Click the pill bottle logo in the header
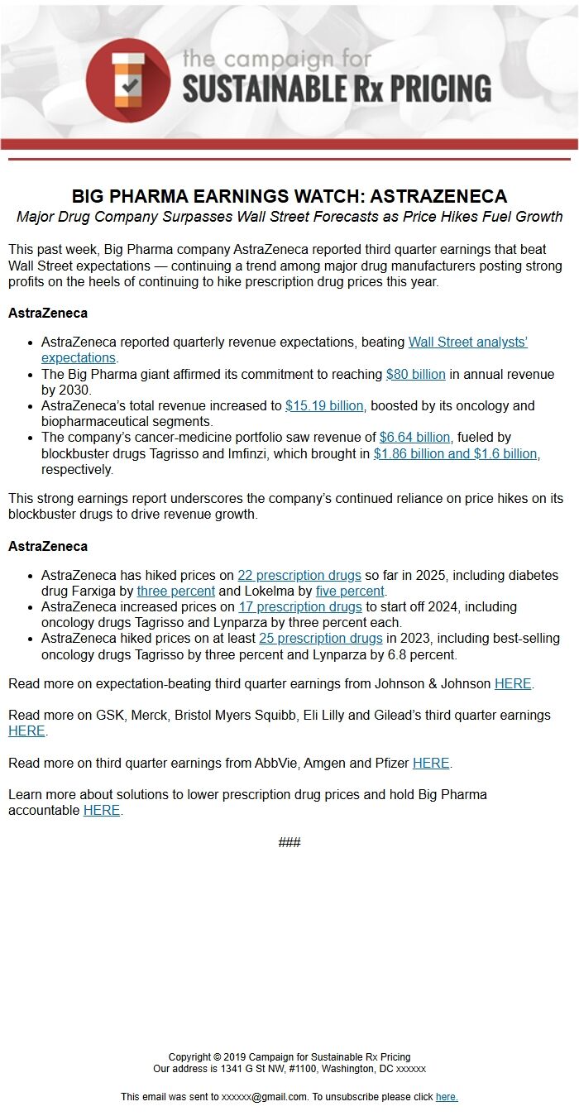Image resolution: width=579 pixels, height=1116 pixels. tap(127, 80)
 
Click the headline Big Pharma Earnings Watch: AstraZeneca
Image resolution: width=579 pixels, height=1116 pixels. tap(289, 196)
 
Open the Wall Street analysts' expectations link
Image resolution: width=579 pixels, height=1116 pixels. tap(467, 342)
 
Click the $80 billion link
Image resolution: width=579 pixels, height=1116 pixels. tap(415, 374)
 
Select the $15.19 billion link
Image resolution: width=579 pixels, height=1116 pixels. tap(324, 405)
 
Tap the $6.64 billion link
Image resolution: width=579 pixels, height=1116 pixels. tap(414, 437)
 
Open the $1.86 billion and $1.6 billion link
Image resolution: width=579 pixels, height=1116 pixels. tap(457, 453)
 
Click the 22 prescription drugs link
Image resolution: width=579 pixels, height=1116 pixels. tap(299, 575)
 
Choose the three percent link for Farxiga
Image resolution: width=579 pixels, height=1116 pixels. tap(175, 591)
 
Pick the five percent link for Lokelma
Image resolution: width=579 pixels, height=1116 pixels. tap(350, 591)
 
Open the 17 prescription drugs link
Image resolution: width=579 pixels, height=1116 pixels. tap(299, 606)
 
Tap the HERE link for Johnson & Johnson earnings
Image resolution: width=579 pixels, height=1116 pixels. tap(513, 683)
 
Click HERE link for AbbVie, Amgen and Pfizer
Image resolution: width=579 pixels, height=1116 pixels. tap(431, 763)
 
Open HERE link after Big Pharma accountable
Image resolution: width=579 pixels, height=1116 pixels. tap(102, 810)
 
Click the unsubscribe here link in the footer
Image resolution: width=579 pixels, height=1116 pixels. tap(446, 1096)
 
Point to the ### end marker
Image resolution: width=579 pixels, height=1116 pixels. tap(289, 842)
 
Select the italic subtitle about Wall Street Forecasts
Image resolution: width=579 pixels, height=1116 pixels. tap(289, 217)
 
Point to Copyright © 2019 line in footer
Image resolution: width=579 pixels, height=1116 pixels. tap(289, 1056)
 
